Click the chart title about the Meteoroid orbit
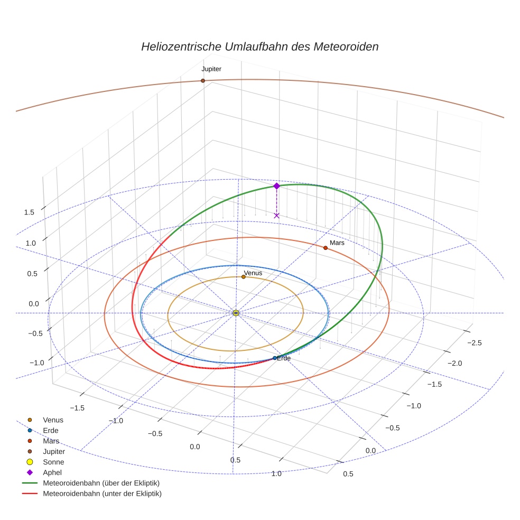[x=259, y=47]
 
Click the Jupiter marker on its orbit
[x=202, y=81]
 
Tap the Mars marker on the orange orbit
[x=325, y=248]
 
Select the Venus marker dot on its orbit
[x=243, y=277]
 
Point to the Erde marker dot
[x=274, y=358]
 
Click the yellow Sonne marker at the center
[x=236, y=313]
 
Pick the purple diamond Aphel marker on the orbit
[x=276, y=186]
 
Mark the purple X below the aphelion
[x=276, y=215]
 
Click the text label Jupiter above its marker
[x=211, y=69]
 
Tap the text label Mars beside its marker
[x=337, y=243]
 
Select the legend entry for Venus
[x=53, y=420]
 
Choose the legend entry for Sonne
[x=53, y=462]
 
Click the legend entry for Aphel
[x=52, y=472]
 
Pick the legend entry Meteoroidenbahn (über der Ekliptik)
[x=101, y=483]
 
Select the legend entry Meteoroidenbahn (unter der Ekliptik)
[x=102, y=494]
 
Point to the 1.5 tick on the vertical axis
[x=29, y=212]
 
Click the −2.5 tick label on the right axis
[x=475, y=343]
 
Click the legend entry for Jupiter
[x=54, y=452]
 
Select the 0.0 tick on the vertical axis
[x=33, y=304]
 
